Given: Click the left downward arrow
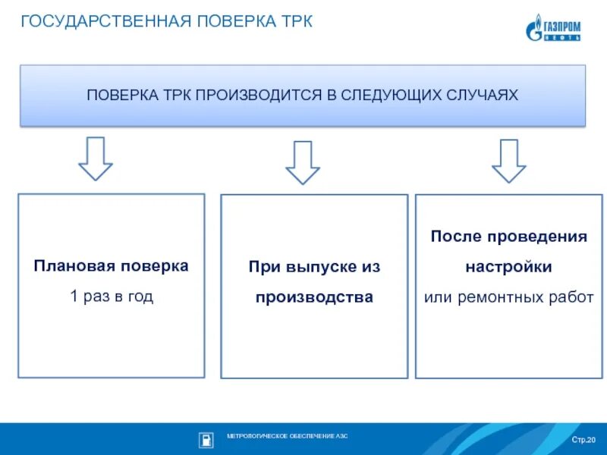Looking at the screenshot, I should pyautogui.click(x=96, y=158).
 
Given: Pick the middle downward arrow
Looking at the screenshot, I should pyautogui.click(x=303, y=162).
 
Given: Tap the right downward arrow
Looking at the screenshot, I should pyautogui.click(x=508, y=160).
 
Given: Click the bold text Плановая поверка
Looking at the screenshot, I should pyautogui.click(x=111, y=266).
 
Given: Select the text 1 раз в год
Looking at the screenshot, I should pyautogui.click(x=111, y=297).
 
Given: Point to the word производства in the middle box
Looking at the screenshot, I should pyautogui.click(x=314, y=297).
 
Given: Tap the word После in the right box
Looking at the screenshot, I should pyautogui.click(x=451, y=237).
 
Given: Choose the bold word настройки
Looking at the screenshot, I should pyautogui.click(x=508, y=267).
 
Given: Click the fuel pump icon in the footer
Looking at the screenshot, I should pyautogui.click(x=206, y=438).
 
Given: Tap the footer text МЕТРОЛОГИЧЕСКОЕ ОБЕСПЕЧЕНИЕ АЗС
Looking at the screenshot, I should pyautogui.click(x=287, y=437).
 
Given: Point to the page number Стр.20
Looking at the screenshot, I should pyautogui.click(x=583, y=440).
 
